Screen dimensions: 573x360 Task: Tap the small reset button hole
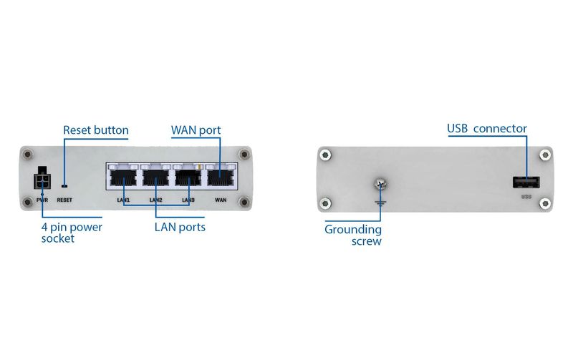pos(64,186)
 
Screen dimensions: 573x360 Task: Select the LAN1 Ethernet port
pos(123,177)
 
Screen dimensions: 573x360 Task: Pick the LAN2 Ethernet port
pos(155,177)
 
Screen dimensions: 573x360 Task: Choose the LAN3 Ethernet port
pos(188,177)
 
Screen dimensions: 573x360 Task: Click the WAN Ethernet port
pos(221,177)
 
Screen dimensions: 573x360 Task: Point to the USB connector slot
pos(526,183)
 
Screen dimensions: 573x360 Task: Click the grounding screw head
pos(380,185)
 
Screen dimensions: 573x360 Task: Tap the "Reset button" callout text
pos(96,130)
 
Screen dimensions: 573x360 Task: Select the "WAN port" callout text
pos(196,130)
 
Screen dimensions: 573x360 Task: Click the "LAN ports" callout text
pos(180,227)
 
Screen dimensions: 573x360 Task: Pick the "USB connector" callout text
pos(487,129)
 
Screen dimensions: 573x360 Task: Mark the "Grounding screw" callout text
pos(353,235)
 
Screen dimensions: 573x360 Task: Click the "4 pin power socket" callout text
pos(72,233)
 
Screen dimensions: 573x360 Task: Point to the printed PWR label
pos(42,200)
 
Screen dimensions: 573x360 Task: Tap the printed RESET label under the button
pos(64,200)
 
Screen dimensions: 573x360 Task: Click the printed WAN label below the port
pos(221,200)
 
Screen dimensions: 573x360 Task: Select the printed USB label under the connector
pos(526,197)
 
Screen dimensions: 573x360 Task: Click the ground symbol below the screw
pos(380,203)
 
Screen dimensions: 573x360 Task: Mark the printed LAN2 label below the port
pos(155,200)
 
